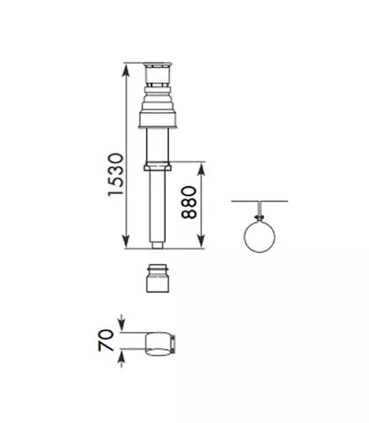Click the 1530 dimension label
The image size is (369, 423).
(115, 174)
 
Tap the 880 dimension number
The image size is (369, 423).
(188, 203)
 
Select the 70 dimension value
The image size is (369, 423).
(106, 340)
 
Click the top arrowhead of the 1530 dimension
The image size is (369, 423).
(126, 70)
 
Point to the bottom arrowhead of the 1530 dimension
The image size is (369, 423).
(126, 241)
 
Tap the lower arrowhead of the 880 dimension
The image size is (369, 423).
(201, 241)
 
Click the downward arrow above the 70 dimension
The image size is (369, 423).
(122, 323)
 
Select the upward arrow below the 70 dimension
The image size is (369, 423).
(122, 358)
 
